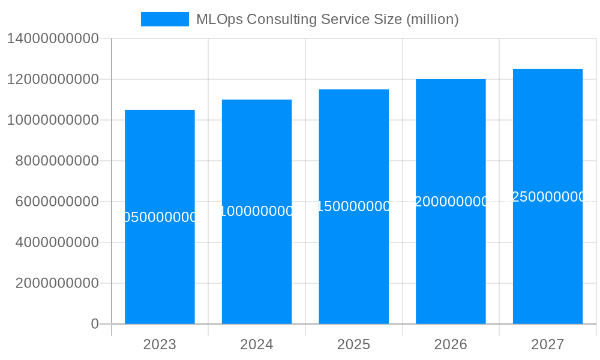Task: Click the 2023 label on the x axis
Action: click(x=160, y=344)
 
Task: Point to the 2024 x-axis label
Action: click(x=257, y=344)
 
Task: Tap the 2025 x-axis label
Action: click(x=354, y=344)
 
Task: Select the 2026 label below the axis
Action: click(x=451, y=344)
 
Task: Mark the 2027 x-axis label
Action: click(x=548, y=344)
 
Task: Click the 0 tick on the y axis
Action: click(x=95, y=324)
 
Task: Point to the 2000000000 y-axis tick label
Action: click(x=57, y=283)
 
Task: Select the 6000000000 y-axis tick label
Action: click(x=57, y=202)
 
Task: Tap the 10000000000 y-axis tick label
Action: click(x=53, y=120)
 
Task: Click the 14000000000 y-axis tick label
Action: click(x=53, y=38)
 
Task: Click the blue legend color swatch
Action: click(x=165, y=19)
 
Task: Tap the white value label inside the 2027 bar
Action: click(x=548, y=197)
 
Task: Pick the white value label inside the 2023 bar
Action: click(x=160, y=217)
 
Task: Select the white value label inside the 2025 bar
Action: click(x=354, y=206)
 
